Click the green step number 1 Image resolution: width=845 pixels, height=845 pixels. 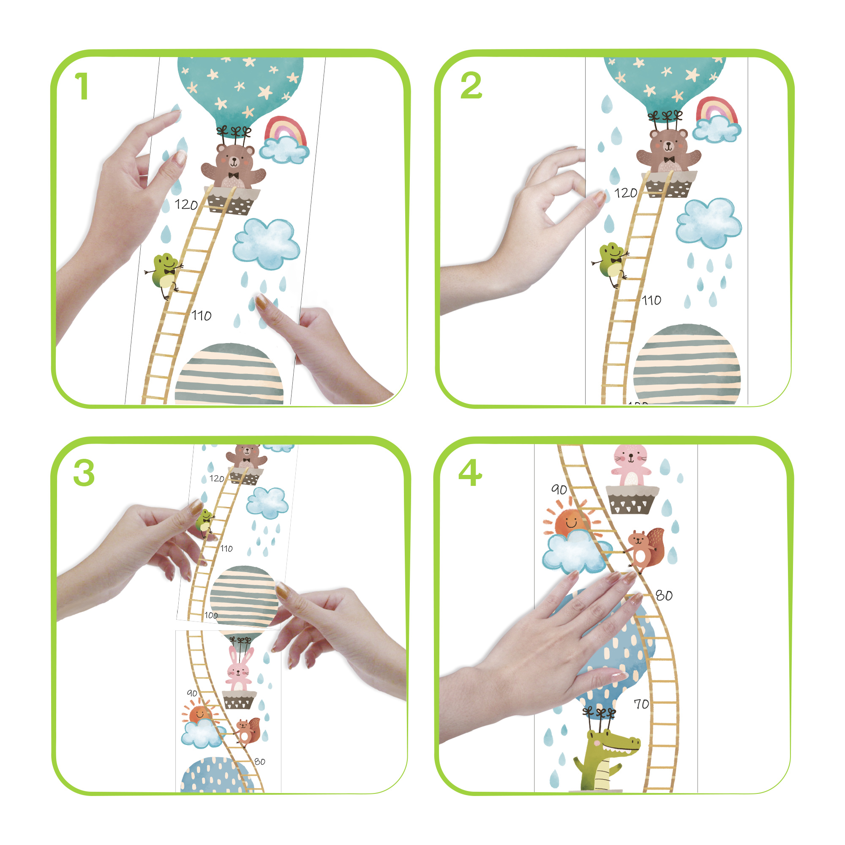pyautogui.click(x=82, y=86)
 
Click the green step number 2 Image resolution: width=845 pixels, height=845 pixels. pyautogui.click(x=471, y=86)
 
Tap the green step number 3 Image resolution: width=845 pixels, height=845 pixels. pyautogui.click(x=84, y=473)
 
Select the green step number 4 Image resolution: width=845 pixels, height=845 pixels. pyautogui.click(x=470, y=473)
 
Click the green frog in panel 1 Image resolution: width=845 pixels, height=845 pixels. pyautogui.click(x=164, y=274)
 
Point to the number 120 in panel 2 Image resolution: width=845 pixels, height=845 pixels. pyautogui.click(x=625, y=193)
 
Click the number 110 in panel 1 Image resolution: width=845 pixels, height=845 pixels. pyautogui.click(x=201, y=316)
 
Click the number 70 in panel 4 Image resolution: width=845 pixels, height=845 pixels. pyautogui.click(x=642, y=704)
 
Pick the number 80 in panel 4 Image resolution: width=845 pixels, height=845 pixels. pyautogui.click(x=663, y=596)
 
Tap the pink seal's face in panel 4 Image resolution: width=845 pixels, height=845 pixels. pyautogui.click(x=630, y=458)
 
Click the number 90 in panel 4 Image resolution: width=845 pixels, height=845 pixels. pyautogui.click(x=559, y=489)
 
